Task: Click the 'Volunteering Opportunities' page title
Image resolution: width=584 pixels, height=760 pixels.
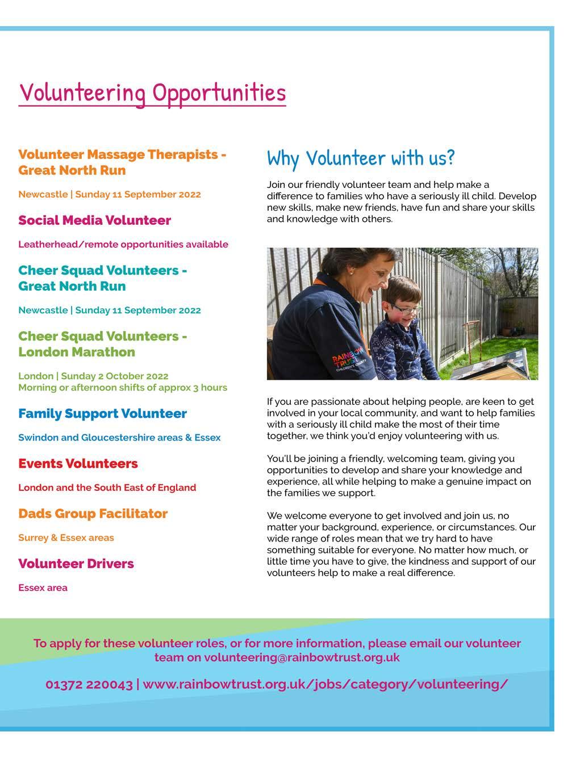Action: tap(152, 93)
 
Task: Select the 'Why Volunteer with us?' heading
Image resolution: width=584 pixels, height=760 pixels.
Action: tap(361, 158)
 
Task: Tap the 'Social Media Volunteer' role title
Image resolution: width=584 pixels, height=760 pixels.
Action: tap(94, 220)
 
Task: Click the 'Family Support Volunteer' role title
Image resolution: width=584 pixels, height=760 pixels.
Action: tap(102, 414)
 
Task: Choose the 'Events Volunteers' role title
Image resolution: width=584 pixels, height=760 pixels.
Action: tap(78, 464)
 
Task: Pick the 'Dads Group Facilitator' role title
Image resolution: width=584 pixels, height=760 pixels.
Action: tap(93, 514)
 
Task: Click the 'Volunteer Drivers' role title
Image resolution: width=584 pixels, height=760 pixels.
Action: tap(76, 564)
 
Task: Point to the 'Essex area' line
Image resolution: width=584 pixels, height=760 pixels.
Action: tap(43, 588)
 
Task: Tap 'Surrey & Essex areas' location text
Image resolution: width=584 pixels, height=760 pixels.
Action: tap(66, 538)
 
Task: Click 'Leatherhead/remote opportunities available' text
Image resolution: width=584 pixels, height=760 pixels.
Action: tap(123, 245)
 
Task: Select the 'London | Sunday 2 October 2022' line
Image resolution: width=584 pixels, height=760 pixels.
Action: tap(93, 376)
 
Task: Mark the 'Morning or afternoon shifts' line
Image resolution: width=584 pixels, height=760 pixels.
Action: tap(123, 388)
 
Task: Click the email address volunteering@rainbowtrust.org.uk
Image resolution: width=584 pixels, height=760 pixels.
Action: tap(302, 658)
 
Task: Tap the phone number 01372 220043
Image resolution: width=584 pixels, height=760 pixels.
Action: tap(89, 685)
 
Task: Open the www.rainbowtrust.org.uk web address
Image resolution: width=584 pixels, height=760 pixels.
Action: tap(326, 685)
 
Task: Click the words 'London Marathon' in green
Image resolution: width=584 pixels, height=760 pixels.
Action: tap(77, 352)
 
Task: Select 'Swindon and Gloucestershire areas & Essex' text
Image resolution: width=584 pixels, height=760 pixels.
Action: tap(119, 438)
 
